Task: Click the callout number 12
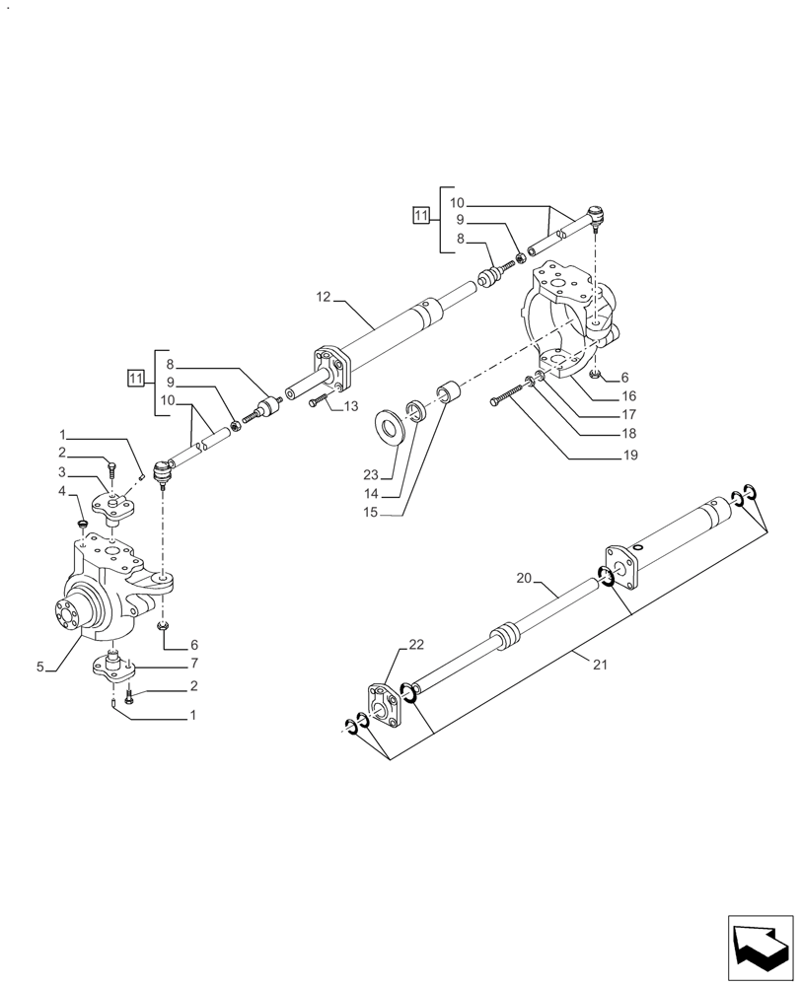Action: pos(324,296)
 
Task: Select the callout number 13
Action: pos(351,406)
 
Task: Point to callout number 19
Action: pos(630,456)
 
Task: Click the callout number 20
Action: pos(523,578)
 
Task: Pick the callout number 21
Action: pos(602,665)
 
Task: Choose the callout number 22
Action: pos(415,644)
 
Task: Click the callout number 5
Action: pos(40,668)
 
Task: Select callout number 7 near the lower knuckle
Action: pos(195,663)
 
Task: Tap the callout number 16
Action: pos(630,396)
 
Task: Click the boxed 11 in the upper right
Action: pos(421,215)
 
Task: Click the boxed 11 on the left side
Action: pos(136,377)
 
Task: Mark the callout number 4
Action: pos(61,491)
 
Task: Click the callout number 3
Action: pos(61,472)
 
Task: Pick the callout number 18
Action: pos(630,434)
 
